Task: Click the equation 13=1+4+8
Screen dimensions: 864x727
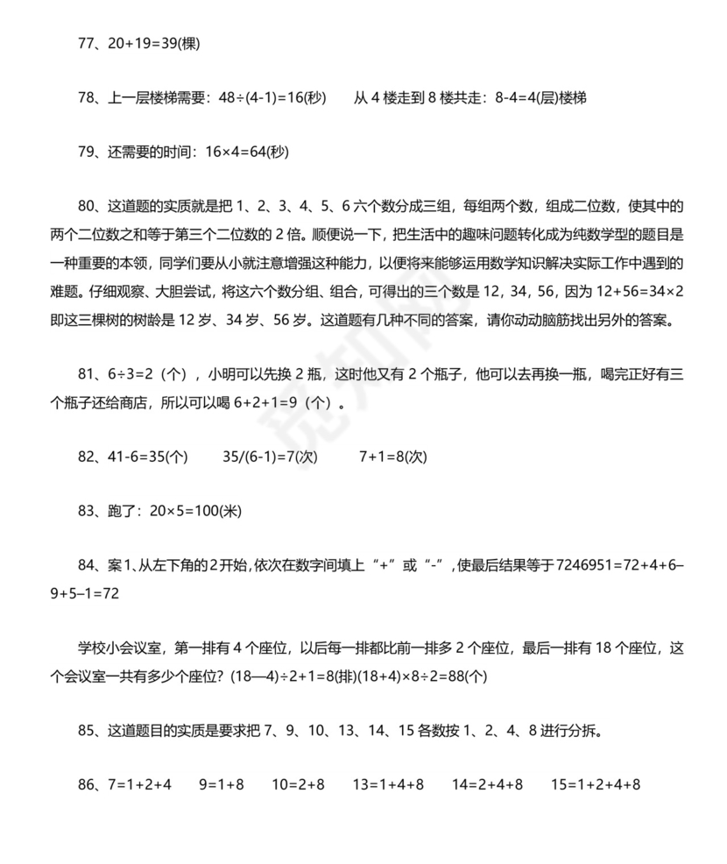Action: (x=389, y=785)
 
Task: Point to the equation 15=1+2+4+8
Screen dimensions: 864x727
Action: (x=596, y=785)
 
